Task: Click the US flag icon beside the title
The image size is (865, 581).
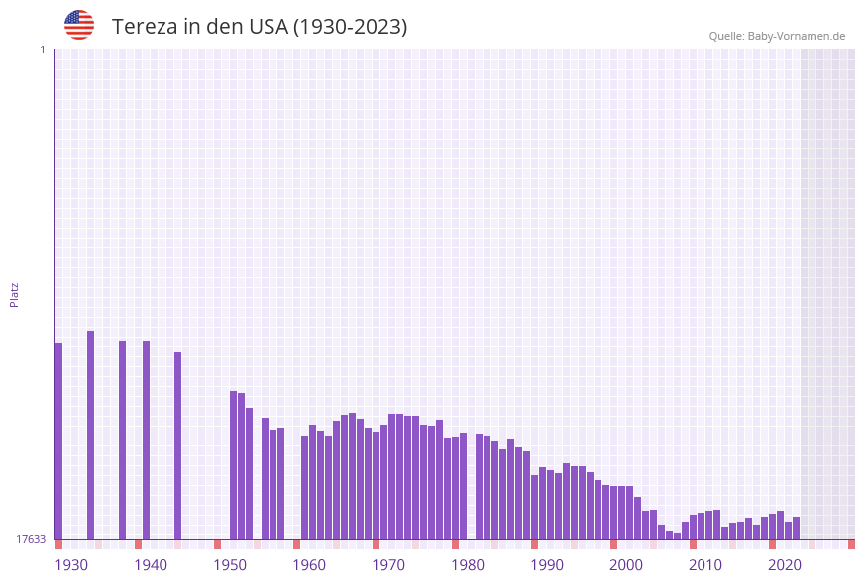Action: point(79,25)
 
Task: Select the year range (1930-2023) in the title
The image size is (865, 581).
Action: point(350,27)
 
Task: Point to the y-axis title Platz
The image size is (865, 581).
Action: point(15,294)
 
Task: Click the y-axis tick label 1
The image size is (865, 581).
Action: point(42,49)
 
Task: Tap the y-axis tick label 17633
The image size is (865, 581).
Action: point(31,539)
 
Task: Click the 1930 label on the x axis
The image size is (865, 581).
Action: point(71,565)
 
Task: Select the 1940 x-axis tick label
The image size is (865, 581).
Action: point(151,565)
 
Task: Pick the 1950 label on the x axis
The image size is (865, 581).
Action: point(230,565)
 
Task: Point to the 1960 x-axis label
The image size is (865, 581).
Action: point(309,565)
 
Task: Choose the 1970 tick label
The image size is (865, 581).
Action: point(388,565)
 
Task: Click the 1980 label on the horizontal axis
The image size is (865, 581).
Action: point(468,565)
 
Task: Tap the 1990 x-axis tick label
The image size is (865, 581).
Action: point(547,565)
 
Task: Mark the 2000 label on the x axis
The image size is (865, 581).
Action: point(626,565)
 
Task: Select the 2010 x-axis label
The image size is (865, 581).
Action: point(705,565)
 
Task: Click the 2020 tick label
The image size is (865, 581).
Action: point(785,565)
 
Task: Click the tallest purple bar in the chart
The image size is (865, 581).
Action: point(90,436)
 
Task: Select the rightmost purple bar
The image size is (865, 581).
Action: point(796,529)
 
